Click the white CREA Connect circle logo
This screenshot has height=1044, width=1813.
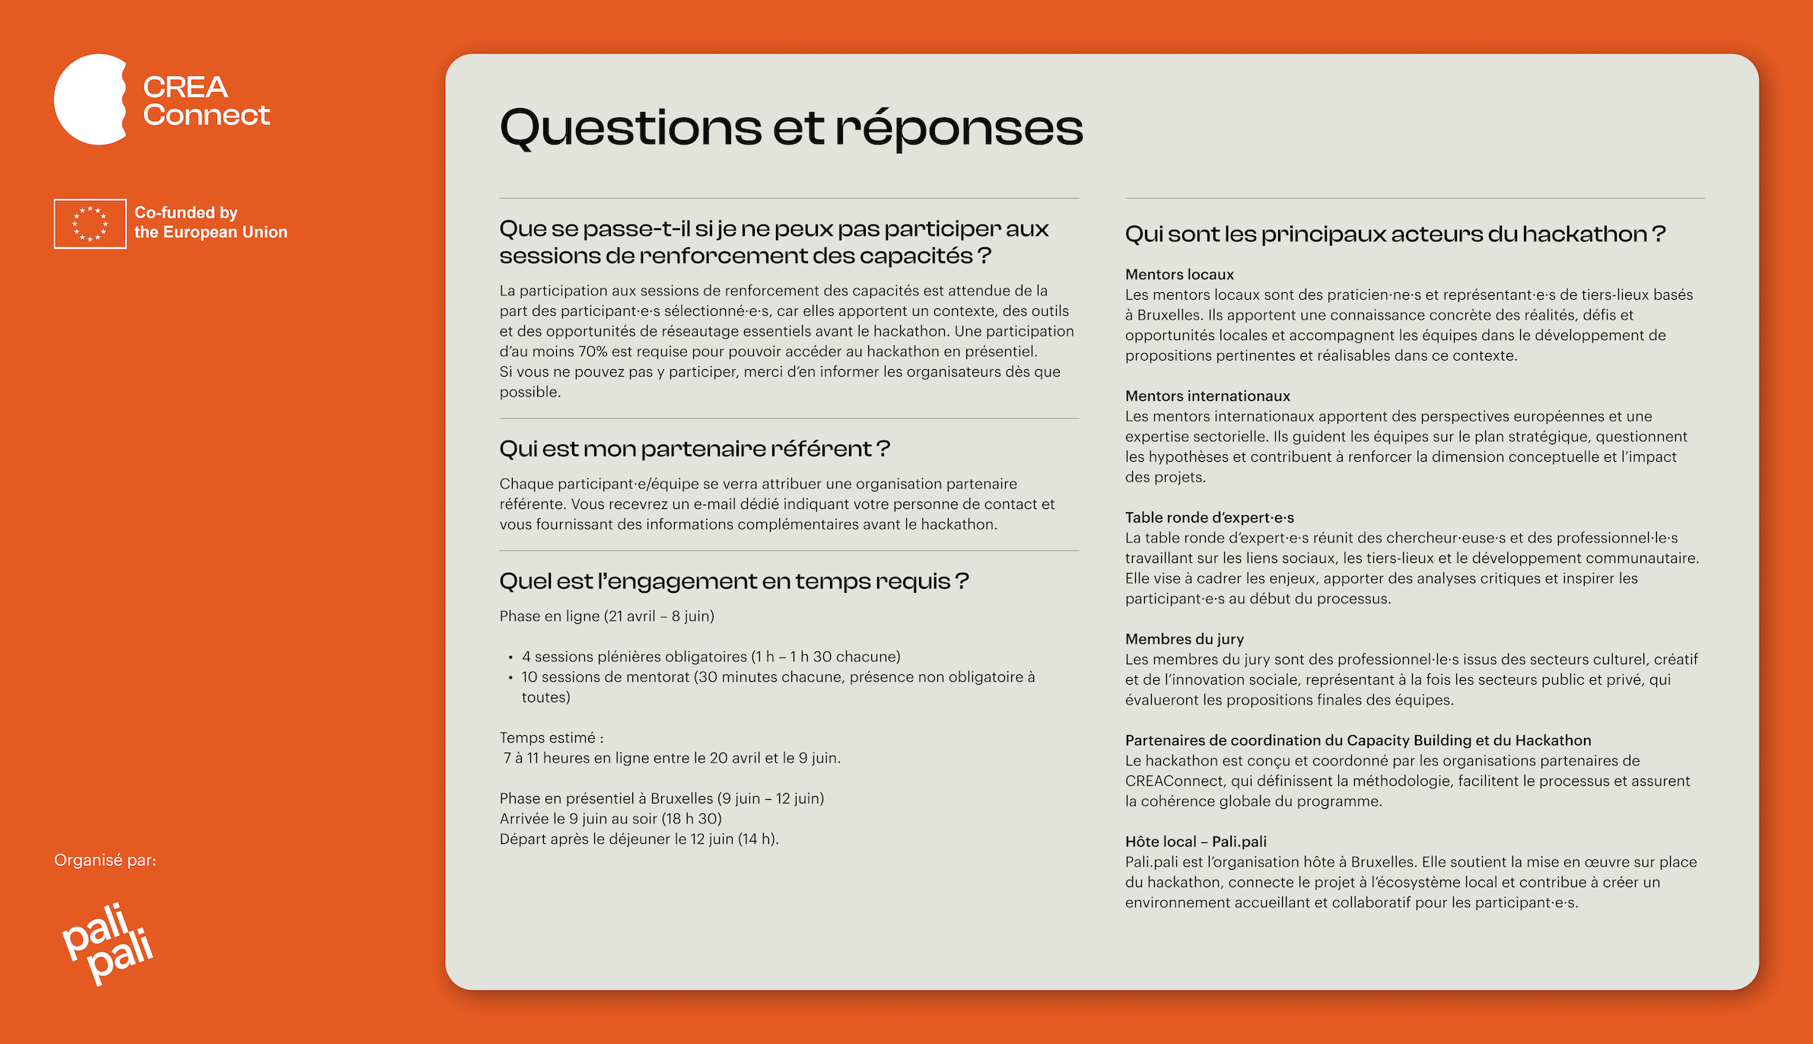pyautogui.click(x=90, y=99)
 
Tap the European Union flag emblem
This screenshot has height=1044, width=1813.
pyautogui.click(x=90, y=224)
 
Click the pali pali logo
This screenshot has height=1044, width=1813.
pyautogui.click(x=107, y=944)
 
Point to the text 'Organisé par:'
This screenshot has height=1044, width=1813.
pyautogui.click(x=105, y=860)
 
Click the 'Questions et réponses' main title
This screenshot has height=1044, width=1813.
pyautogui.click(x=790, y=127)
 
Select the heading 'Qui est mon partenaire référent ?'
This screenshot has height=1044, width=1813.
pyautogui.click(x=694, y=449)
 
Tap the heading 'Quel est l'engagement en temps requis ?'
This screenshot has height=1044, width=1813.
pyautogui.click(x=733, y=581)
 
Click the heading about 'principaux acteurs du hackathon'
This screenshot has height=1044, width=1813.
pyautogui.click(x=1395, y=234)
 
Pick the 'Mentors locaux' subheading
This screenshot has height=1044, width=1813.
pyautogui.click(x=1178, y=274)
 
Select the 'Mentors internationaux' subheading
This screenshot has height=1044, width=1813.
pyautogui.click(x=1207, y=396)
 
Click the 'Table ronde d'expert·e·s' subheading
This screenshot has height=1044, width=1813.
pyautogui.click(x=1209, y=517)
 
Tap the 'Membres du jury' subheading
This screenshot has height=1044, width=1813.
pyautogui.click(x=1184, y=639)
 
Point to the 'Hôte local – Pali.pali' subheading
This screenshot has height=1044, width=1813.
pyautogui.click(x=1195, y=842)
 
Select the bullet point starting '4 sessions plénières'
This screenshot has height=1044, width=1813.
pyautogui.click(x=711, y=657)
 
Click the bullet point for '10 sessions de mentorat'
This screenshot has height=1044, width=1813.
pyautogui.click(x=778, y=677)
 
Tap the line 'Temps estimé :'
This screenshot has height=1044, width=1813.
pyautogui.click(x=552, y=738)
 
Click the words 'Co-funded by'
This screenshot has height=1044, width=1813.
pyautogui.click(x=186, y=212)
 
